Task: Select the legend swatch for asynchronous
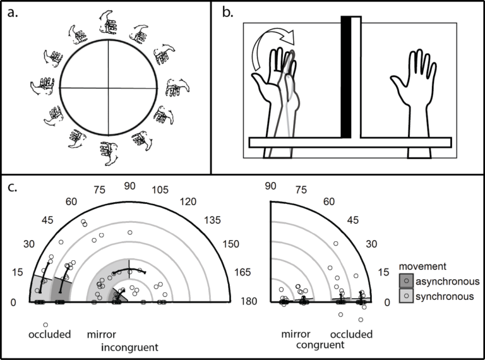[x=409, y=281]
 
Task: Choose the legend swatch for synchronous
[x=409, y=295]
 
